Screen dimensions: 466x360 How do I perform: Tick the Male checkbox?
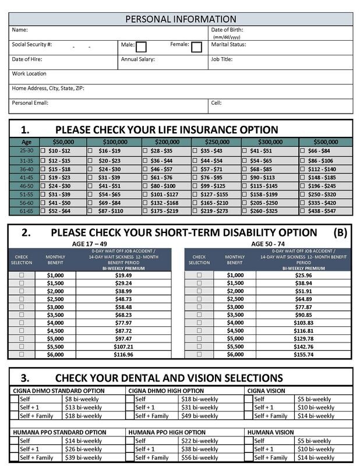(141, 47)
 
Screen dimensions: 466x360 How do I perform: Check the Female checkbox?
(196, 47)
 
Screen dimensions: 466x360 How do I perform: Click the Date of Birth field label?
(227, 30)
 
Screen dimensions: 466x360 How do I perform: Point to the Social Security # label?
(32, 45)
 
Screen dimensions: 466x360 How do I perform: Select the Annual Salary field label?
(138, 59)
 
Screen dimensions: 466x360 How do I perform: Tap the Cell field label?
(216, 103)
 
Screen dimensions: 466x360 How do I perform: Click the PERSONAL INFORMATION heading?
(181, 19)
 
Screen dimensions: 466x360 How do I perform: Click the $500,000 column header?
(325, 142)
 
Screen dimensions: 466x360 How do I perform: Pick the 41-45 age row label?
(26, 177)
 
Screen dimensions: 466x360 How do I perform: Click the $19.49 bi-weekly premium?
(123, 275)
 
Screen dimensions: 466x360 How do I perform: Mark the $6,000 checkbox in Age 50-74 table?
(199, 354)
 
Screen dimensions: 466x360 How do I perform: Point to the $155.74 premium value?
(303, 354)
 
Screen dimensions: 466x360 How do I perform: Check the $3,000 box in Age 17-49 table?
(22, 307)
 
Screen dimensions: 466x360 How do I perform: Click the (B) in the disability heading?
(340, 233)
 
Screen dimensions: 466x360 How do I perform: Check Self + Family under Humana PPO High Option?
(130, 458)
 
